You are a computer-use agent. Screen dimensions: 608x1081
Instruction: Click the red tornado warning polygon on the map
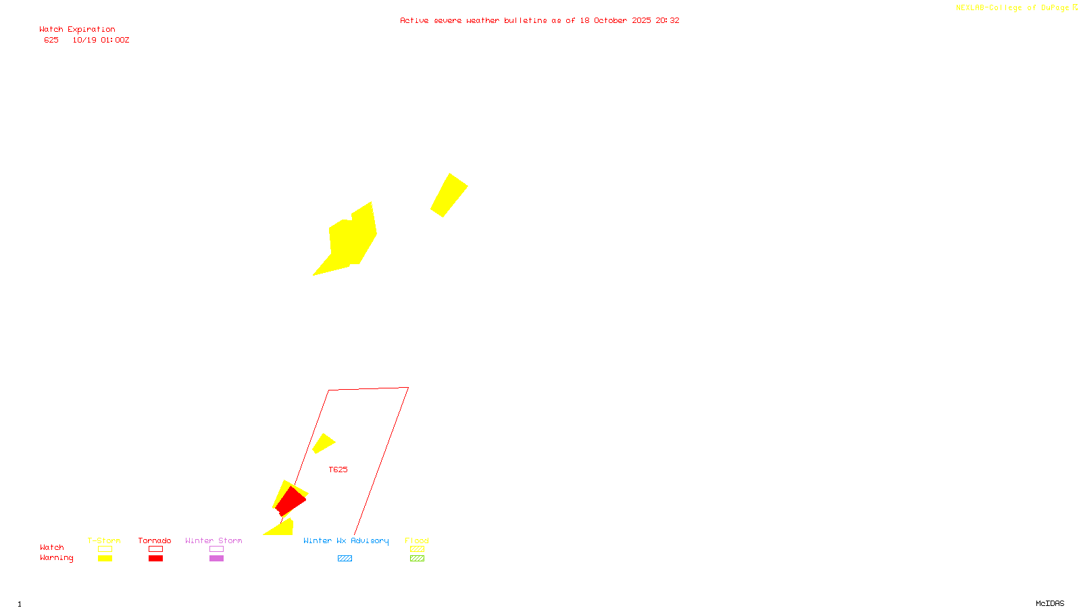290,501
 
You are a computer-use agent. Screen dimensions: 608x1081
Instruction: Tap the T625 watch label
338,470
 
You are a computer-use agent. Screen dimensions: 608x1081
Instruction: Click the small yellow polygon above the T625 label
323,443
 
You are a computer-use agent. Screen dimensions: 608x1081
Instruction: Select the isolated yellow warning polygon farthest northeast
449,195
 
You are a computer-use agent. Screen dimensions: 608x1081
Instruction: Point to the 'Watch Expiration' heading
77,30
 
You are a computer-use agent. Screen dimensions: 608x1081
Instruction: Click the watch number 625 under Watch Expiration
51,40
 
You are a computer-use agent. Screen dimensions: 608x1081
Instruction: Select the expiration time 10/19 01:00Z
101,40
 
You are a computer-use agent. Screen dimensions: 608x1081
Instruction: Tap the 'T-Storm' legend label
104,540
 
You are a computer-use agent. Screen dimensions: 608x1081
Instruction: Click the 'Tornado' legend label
155,540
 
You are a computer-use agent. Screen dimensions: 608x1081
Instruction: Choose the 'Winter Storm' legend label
213,540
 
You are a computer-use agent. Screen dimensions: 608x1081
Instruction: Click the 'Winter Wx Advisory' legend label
346,540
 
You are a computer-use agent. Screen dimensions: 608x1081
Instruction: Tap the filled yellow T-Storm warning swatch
105,559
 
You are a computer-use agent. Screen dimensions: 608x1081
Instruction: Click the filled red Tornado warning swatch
155,559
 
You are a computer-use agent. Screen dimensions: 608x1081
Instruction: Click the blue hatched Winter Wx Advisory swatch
345,559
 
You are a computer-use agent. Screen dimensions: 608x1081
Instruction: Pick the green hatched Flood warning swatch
417,559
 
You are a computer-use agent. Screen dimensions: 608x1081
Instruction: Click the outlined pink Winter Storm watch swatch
216,549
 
